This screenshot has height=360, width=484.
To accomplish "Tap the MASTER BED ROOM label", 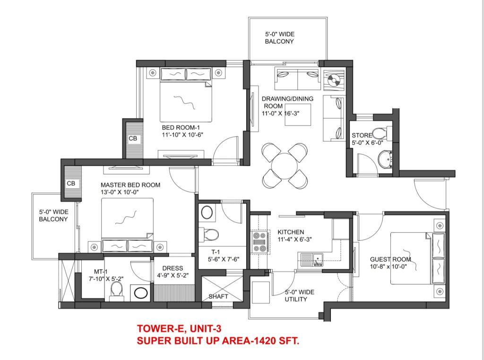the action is [x=130, y=185].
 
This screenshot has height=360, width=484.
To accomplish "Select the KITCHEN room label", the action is [x=291, y=232].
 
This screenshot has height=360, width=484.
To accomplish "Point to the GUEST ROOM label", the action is [x=390, y=259].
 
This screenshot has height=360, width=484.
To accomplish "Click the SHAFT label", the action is [x=218, y=296].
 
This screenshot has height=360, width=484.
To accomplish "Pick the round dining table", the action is [x=284, y=166].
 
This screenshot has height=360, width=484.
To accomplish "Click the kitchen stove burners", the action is [x=259, y=242].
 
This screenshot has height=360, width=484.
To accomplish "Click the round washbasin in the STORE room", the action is [x=385, y=158].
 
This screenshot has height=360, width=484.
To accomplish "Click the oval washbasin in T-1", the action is [x=207, y=212].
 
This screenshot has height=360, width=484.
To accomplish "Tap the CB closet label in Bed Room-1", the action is [x=133, y=139].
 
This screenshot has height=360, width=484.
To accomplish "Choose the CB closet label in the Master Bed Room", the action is [x=71, y=183].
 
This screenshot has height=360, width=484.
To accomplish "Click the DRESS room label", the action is [x=173, y=268].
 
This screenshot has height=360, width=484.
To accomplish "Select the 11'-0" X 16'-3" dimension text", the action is [x=281, y=114].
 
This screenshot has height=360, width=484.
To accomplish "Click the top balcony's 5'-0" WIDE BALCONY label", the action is [x=280, y=38].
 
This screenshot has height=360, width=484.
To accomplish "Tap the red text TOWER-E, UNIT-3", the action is [x=179, y=328].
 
